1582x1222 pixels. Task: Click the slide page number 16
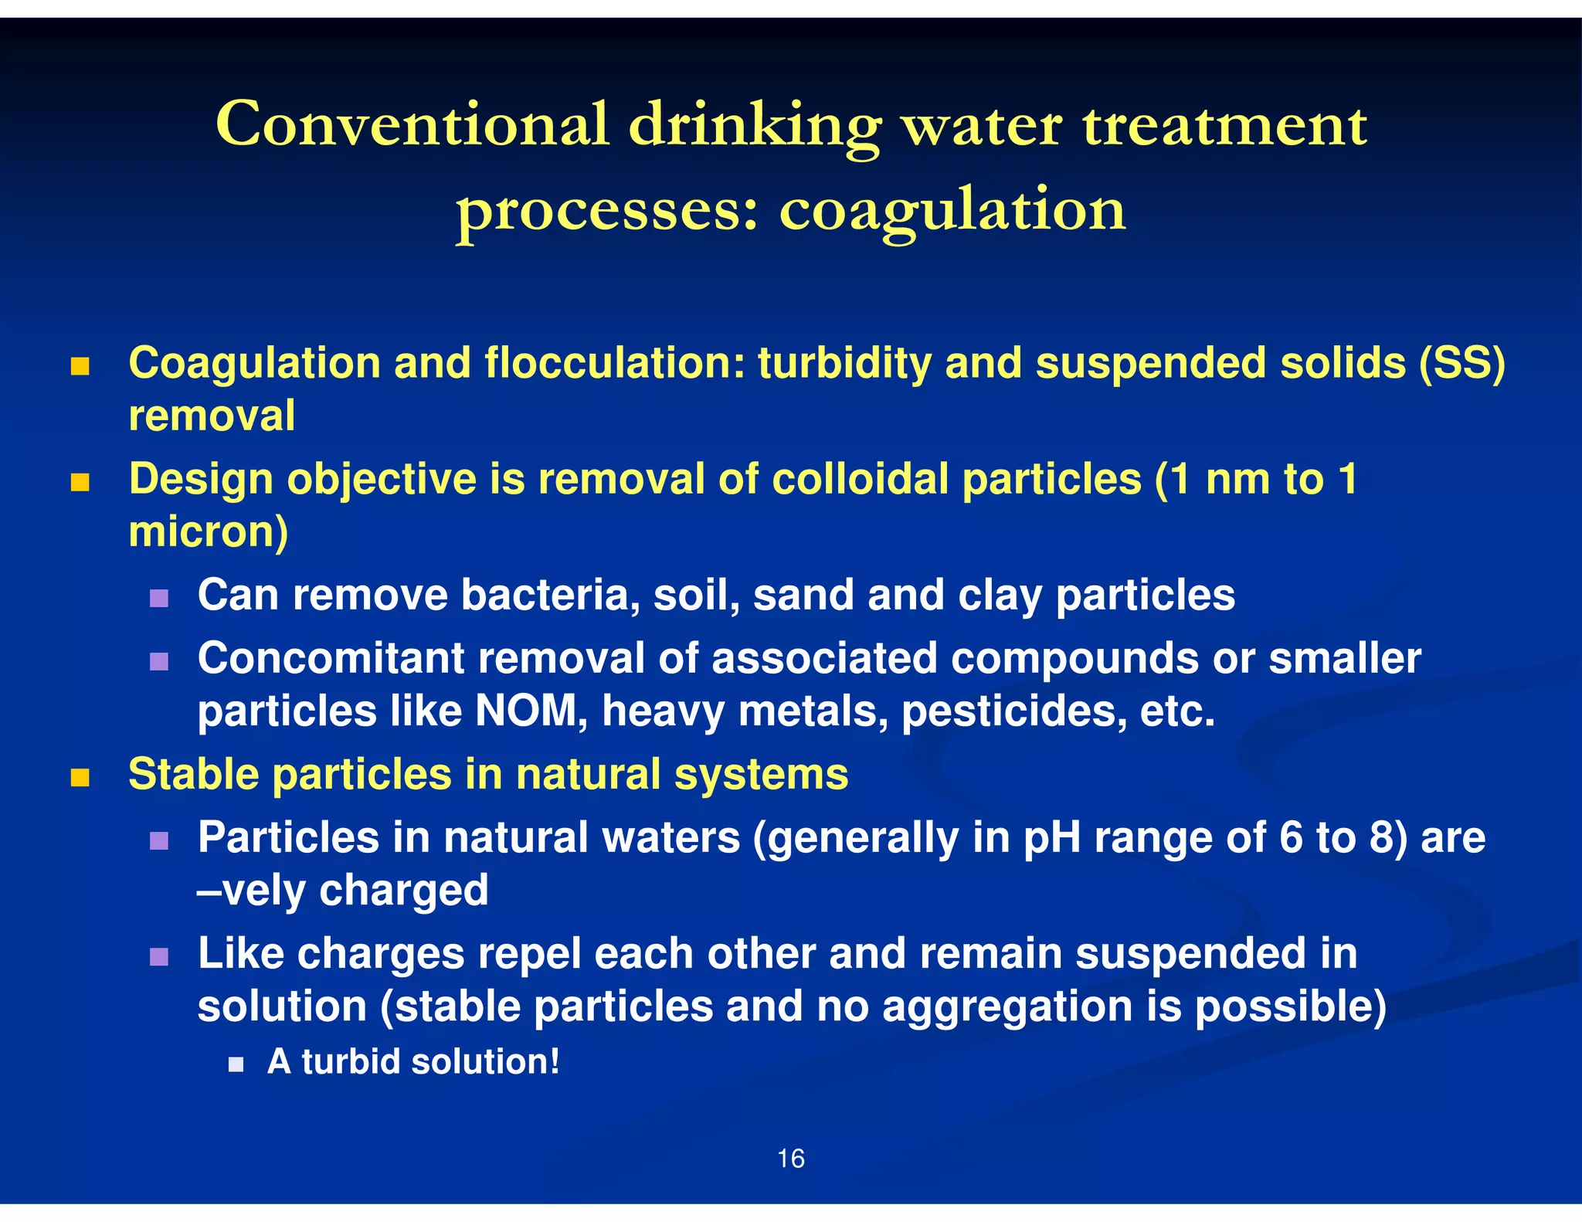[790, 1159]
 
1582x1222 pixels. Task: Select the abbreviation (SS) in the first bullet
[1461, 363]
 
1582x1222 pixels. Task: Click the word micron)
[209, 532]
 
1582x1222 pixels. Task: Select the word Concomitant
[331, 658]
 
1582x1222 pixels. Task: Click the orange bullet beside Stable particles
[80, 777]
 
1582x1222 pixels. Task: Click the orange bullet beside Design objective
[80, 483]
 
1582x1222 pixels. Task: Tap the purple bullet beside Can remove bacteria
[159, 599]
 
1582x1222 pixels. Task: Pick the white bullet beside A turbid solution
[236, 1065]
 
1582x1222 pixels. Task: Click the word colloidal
[860, 479]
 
